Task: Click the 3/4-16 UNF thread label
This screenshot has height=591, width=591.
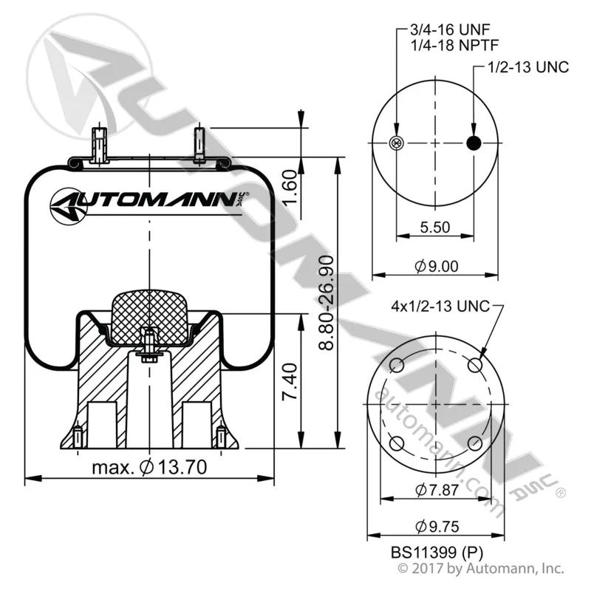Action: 450,29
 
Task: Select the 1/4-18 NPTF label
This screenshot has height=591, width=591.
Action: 454,46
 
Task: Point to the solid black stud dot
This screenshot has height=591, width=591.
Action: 474,143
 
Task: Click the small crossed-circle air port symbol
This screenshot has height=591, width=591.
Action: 396,143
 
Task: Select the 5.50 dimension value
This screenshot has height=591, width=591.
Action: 435,228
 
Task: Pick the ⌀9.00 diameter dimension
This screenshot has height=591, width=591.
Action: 437,267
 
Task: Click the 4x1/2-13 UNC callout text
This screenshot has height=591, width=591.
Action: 440,306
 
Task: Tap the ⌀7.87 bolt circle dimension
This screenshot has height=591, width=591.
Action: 437,490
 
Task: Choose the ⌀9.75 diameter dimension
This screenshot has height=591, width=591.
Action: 437,527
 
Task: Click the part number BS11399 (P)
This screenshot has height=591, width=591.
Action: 437,553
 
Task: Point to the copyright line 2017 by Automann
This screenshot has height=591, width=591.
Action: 481,568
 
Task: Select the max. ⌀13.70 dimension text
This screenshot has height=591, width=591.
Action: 150,468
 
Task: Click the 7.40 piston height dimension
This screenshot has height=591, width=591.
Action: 290,381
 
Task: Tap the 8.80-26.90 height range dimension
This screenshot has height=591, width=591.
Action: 327,303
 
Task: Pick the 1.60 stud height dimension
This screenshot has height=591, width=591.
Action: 290,188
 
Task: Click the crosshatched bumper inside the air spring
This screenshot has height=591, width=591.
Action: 150,318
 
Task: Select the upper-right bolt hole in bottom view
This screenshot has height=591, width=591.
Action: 475,365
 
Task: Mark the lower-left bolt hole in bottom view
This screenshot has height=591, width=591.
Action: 397,443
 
